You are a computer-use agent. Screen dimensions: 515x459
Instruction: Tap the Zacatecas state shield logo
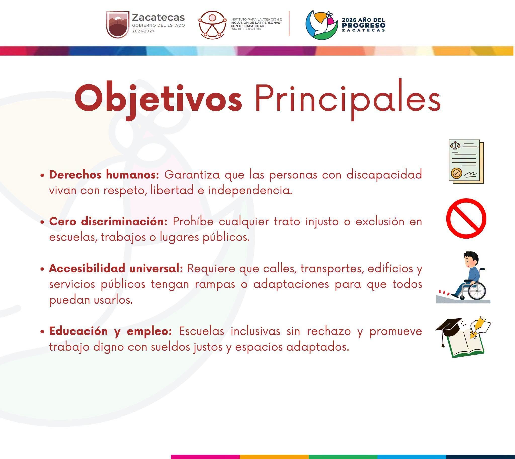point(118,24)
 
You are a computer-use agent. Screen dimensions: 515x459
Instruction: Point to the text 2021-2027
point(143,31)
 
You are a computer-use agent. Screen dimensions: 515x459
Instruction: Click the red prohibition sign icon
point(466,218)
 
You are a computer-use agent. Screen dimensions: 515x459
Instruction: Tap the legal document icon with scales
point(466,161)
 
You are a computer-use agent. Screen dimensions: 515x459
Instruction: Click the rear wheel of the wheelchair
point(477,291)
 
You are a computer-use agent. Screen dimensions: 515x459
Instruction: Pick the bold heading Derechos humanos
point(104,175)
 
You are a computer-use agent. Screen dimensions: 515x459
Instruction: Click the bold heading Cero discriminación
point(108,221)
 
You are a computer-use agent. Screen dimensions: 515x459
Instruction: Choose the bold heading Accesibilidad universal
point(116,268)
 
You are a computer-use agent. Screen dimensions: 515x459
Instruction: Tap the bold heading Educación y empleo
point(110,331)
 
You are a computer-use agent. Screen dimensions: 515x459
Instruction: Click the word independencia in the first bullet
point(250,190)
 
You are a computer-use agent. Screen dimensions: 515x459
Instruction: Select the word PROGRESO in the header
point(364,25)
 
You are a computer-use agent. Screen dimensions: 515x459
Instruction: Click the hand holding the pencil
point(476,329)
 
